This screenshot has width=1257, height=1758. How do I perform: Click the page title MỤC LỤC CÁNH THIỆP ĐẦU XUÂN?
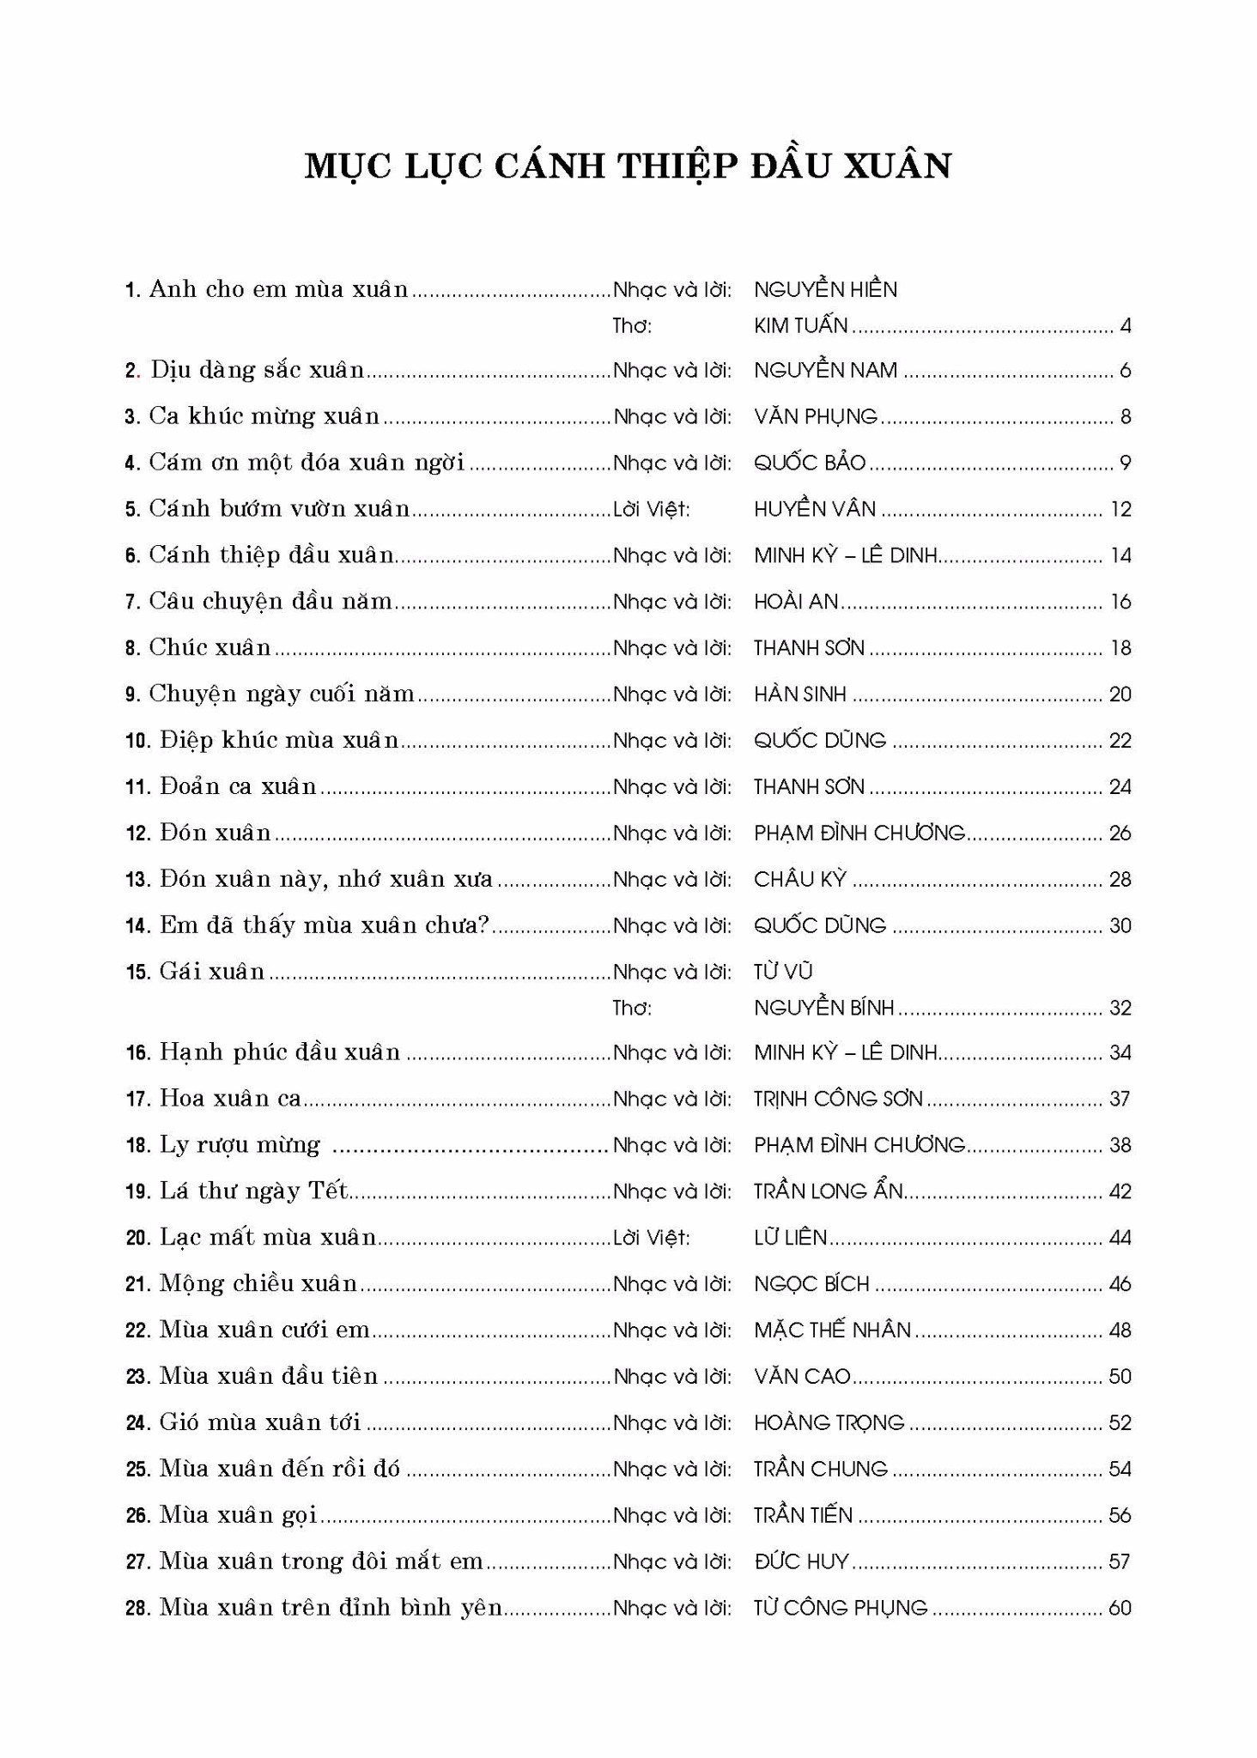point(628,166)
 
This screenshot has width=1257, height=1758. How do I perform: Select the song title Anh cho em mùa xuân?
point(278,289)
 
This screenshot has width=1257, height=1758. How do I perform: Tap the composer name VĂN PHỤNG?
point(815,417)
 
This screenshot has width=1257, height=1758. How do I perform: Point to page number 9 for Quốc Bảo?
point(1125,464)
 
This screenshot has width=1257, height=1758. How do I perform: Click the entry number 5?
point(132,510)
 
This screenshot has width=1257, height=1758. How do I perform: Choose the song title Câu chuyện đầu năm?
point(270,602)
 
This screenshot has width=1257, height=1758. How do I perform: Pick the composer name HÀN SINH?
point(799,694)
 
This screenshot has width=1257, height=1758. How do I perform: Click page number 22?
point(1120,741)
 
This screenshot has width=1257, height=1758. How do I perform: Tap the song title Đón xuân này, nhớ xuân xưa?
point(326,880)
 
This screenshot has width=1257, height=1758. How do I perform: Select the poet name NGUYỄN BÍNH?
point(823,1008)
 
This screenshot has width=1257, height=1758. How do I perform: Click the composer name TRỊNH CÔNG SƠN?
point(838,1099)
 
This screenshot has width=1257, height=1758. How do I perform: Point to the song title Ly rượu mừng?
point(240,1145)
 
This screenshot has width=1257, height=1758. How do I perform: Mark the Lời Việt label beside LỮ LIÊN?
point(651,1238)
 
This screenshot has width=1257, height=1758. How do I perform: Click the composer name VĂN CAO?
point(802,1377)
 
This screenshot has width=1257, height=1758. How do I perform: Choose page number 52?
point(1120,1423)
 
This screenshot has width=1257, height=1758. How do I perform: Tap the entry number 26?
point(138,1516)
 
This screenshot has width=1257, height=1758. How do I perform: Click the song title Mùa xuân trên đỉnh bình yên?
point(331,1608)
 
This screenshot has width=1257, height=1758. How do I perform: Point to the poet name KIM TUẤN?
point(800,326)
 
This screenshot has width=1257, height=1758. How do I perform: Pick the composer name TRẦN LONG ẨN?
point(829,1191)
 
